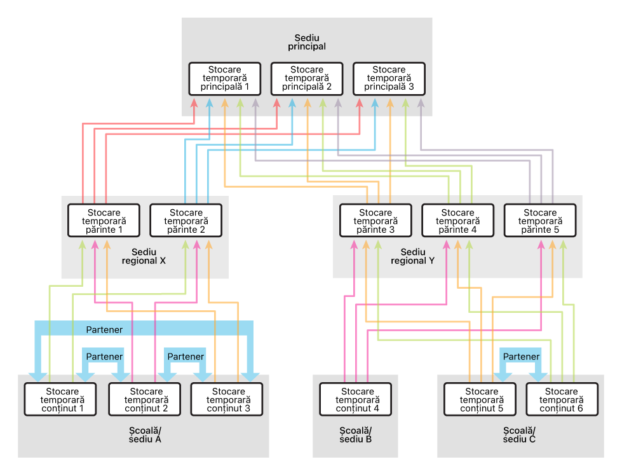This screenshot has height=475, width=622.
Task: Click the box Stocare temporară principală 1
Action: tap(224, 79)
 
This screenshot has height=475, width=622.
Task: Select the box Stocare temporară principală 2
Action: tap(307, 79)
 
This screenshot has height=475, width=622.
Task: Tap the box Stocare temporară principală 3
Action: tap(389, 79)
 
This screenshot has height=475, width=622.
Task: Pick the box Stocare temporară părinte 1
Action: tap(104, 221)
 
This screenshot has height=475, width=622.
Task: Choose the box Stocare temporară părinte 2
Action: tap(186, 221)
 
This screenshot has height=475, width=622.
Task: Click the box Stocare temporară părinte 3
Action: tap(375, 221)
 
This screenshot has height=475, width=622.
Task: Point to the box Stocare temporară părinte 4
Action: tap(458, 221)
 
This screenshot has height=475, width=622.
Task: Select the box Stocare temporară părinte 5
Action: tap(540, 221)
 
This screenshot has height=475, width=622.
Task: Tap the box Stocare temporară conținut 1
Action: tap(60, 399)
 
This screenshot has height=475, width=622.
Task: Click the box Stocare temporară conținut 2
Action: tap(144, 399)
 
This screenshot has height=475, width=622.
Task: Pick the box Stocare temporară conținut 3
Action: tap(227, 399)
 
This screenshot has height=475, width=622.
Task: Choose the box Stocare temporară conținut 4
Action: tap(355, 399)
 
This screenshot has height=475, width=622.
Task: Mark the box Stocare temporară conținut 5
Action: tap(480, 399)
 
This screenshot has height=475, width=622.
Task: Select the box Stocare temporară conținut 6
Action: tap(562, 399)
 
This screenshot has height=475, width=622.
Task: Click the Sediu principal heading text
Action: tap(307, 42)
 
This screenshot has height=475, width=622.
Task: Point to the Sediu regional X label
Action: tap(144, 256)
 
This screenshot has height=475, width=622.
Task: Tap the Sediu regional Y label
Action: tap(412, 256)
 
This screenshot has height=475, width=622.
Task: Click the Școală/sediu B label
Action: tap(355, 435)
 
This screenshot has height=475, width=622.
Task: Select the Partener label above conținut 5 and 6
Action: tap(521, 357)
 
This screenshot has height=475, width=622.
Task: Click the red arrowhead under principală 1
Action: tap(194, 103)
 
